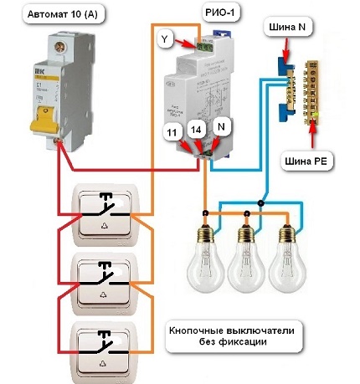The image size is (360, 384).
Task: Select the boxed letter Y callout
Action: click(166, 38)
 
